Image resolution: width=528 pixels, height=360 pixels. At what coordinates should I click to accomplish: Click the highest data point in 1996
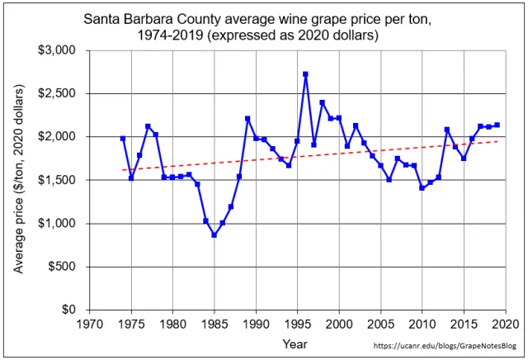pyautogui.click(x=306, y=74)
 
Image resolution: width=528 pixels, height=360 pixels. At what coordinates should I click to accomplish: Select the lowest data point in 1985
pyautogui.click(x=214, y=234)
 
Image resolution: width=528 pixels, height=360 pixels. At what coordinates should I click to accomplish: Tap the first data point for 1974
pyautogui.click(x=123, y=139)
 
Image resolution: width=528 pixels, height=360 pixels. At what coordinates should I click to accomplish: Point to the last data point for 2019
pyautogui.click(x=497, y=125)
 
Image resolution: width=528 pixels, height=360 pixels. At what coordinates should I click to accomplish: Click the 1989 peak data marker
pyautogui.click(x=247, y=119)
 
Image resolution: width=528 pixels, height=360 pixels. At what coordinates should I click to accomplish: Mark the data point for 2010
pyautogui.click(x=422, y=188)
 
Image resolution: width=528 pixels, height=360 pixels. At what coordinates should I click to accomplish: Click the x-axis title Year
pyautogui.click(x=295, y=343)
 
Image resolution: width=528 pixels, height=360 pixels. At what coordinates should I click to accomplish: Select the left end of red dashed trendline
pyautogui.click(x=123, y=170)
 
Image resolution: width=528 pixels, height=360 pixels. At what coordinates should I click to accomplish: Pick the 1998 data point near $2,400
pyautogui.click(x=323, y=103)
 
